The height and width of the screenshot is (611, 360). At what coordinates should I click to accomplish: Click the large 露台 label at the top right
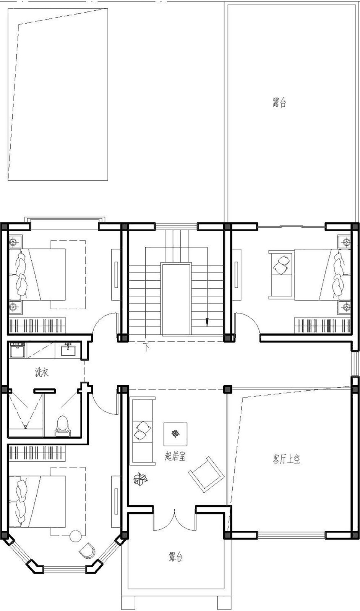(x=279, y=103)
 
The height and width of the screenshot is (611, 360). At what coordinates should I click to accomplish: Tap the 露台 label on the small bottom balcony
(x=175, y=556)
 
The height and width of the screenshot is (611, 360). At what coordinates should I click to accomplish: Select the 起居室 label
(x=175, y=456)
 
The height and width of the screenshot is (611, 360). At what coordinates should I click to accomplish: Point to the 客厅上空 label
(x=287, y=459)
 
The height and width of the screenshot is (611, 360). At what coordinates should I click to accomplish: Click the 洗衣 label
(x=42, y=373)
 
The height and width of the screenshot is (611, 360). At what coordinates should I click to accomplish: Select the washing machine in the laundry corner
(x=17, y=350)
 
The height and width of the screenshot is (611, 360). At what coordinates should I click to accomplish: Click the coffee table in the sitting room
(x=175, y=434)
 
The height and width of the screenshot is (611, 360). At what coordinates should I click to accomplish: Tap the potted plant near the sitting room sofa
(x=141, y=479)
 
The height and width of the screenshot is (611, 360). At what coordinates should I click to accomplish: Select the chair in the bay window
(x=87, y=550)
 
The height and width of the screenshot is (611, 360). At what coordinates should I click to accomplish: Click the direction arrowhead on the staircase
(x=207, y=323)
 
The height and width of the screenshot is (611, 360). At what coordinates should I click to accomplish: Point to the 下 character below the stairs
(x=146, y=347)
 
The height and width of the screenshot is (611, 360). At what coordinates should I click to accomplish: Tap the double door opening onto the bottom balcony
(x=175, y=519)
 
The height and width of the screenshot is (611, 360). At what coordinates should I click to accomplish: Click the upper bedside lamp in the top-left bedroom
(x=14, y=241)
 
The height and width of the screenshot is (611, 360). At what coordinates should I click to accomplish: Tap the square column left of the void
(x=228, y=389)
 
